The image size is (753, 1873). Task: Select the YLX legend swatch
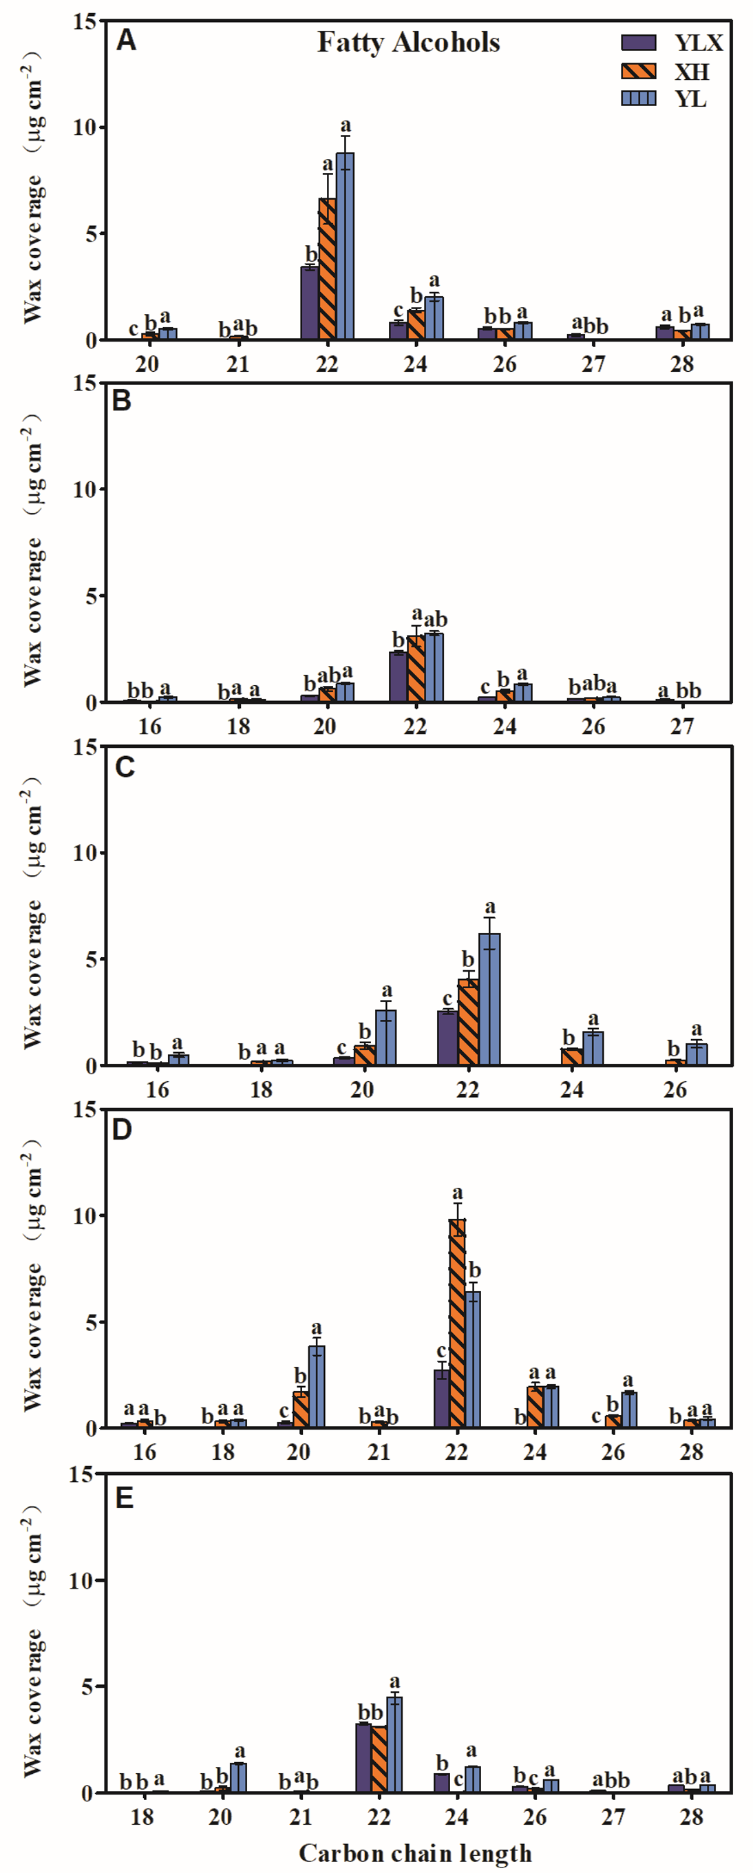(638, 43)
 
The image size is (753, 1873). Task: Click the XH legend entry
(690, 71)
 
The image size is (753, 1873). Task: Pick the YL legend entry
(690, 99)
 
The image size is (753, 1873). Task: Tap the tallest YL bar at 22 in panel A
(346, 247)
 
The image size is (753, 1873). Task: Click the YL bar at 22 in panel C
(489, 1000)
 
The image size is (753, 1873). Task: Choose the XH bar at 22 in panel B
(416, 669)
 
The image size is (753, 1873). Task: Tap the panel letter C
(125, 767)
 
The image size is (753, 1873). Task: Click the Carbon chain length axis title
(415, 1852)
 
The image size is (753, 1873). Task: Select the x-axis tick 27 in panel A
(593, 364)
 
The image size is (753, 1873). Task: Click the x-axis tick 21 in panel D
(379, 1452)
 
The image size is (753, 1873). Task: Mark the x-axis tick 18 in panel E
(142, 1817)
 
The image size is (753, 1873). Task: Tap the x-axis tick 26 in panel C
(675, 1089)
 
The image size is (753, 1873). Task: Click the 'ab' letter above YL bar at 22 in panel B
(436, 620)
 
